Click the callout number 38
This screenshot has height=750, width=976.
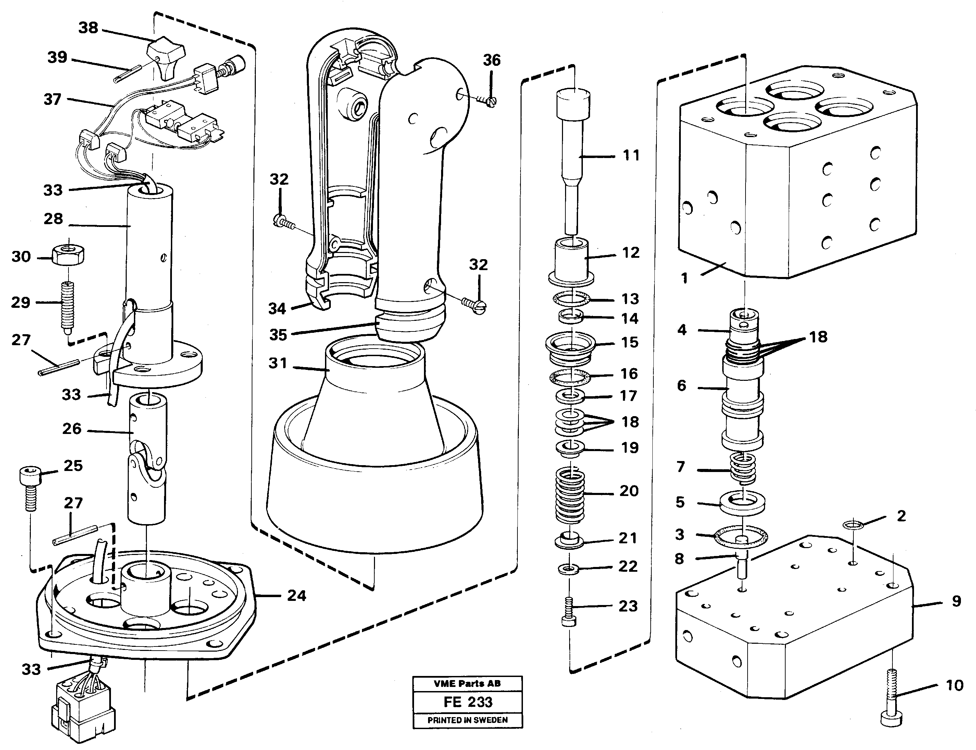(88, 28)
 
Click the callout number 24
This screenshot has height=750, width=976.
(297, 595)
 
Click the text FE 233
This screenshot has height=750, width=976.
(467, 702)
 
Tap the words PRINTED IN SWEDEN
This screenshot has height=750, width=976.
(467, 720)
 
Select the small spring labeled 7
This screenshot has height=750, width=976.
(743, 468)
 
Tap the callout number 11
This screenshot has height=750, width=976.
(631, 155)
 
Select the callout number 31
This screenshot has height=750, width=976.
(277, 363)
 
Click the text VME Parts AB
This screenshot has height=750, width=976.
(467, 684)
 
